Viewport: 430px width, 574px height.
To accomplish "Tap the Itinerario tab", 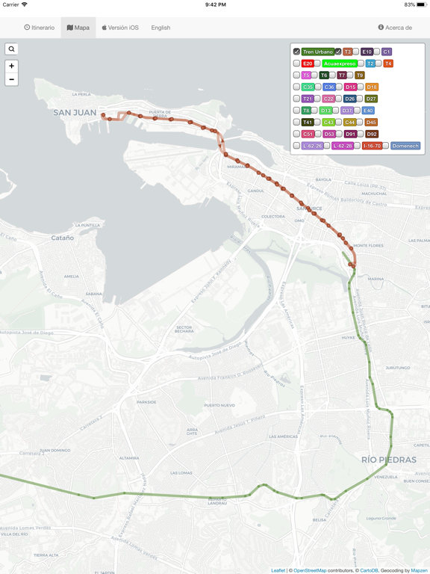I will pyautogui.click(x=40, y=28).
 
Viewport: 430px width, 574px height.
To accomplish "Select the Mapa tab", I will pyautogui.click(x=78, y=28).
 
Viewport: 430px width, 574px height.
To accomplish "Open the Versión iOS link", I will pyautogui.click(x=120, y=28).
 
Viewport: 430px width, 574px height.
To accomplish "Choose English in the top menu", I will pyautogui.click(x=161, y=28).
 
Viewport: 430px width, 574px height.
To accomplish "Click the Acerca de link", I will pyautogui.click(x=395, y=28).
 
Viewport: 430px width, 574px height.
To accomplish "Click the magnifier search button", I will pyautogui.click(x=12, y=49).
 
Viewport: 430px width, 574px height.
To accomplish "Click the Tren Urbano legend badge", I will pyautogui.click(x=318, y=52).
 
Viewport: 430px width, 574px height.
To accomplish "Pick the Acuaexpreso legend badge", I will pyautogui.click(x=340, y=64).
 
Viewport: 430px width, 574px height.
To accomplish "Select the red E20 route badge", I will pyautogui.click(x=308, y=64).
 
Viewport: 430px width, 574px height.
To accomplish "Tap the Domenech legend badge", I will pyautogui.click(x=405, y=146).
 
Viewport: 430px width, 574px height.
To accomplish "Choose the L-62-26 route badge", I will pyautogui.click(x=312, y=146).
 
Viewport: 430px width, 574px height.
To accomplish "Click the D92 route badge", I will pyautogui.click(x=372, y=135).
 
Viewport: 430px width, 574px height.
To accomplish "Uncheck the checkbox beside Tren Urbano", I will pyautogui.click(x=296, y=52).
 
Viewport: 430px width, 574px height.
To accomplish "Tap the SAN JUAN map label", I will pyautogui.click(x=75, y=113).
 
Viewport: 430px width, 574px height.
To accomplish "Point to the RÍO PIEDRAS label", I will pyautogui.click(x=388, y=459).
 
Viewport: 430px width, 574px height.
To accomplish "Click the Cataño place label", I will pyautogui.click(x=62, y=238).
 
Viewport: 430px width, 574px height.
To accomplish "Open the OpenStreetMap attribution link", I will pyautogui.click(x=310, y=570).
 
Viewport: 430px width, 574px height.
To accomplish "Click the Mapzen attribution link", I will pyautogui.click(x=419, y=570).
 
